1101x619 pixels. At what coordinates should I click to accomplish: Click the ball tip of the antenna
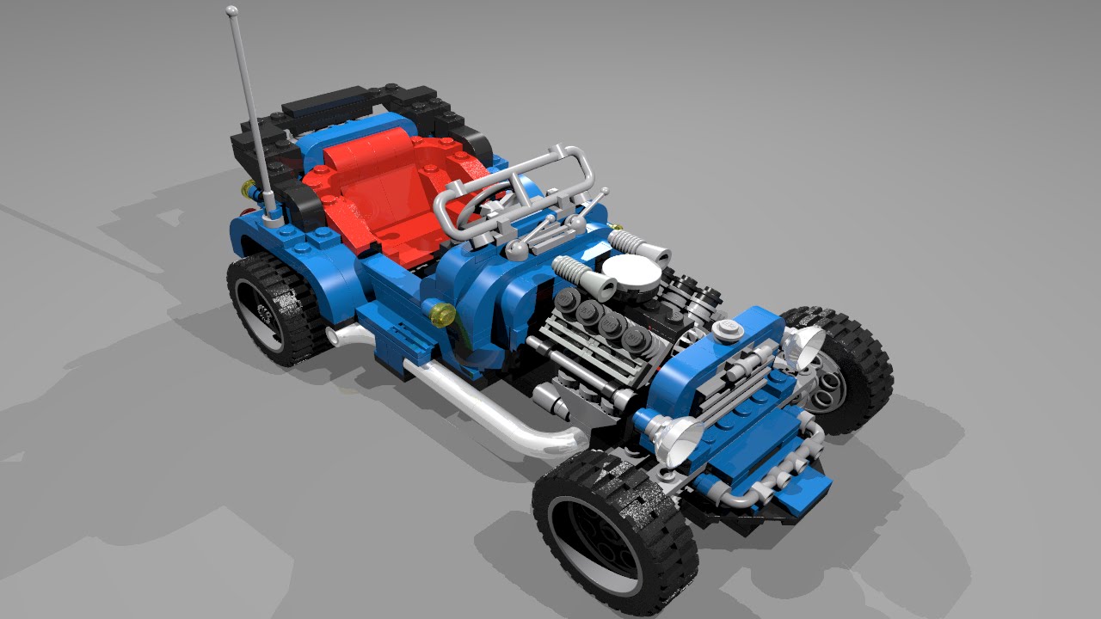pos(232,11)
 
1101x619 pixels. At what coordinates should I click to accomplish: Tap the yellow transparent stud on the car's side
pos(443,315)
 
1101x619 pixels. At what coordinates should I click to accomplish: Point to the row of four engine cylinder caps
pos(602,322)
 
